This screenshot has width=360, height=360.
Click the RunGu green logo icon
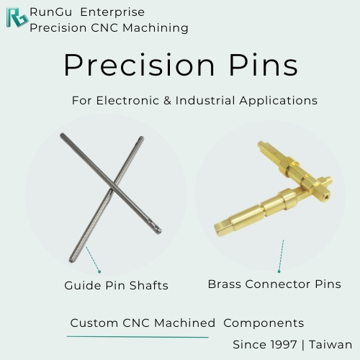[x=17, y=17]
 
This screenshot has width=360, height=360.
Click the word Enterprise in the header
[x=112, y=12]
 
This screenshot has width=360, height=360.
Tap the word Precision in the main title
[x=139, y=65]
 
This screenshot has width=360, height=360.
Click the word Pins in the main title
[x=264, y=65]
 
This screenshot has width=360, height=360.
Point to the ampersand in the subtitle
[x=167, y=100]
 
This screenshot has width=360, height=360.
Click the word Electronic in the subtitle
[x=127, y=100]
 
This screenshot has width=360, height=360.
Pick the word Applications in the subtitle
[x=279, y=101]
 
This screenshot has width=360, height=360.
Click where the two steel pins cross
[x=113, y=187]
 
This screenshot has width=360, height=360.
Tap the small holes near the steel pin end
[x=153, y=224]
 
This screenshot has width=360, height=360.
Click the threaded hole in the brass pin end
[x=328, y=198]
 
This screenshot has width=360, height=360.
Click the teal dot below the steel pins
[x=99, y=271]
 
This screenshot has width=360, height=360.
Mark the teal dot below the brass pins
[x=279, y=271]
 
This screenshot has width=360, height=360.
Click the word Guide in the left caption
[x=83, y=286]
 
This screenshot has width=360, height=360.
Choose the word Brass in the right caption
[x=225, y=284]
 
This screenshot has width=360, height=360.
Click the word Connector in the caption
[x=278, y=284]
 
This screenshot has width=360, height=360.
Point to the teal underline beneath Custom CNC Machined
[x=138, y=337]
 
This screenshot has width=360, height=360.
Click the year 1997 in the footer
[x=284, y=345]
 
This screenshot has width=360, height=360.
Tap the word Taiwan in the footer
[x=330, y=345]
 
